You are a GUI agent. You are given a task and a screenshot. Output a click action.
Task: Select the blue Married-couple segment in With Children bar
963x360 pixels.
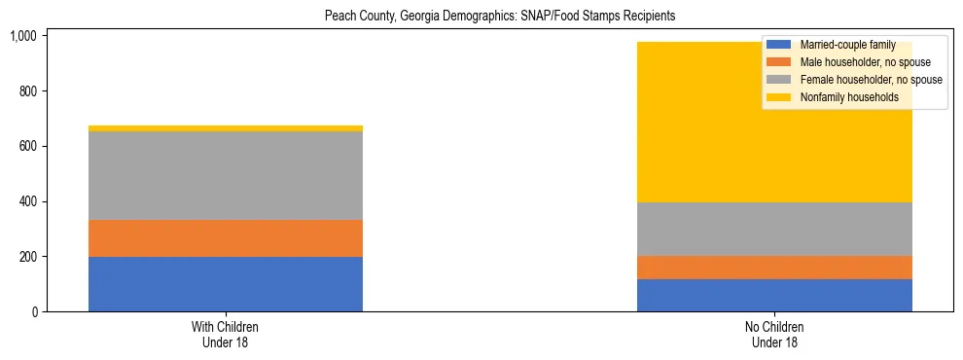click(x=226, y=284)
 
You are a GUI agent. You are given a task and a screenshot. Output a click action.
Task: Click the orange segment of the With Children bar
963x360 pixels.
click(x=226, y=238)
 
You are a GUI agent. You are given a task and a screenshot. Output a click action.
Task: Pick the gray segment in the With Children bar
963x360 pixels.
click(x=226, y=175)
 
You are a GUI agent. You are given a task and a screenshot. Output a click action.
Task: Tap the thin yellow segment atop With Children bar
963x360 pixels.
click(x=226, y=128)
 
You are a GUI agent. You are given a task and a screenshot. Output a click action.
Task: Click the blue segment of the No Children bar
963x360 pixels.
click(x=774, y=296)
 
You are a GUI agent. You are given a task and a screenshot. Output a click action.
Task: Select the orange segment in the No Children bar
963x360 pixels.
click(x=774, y=268)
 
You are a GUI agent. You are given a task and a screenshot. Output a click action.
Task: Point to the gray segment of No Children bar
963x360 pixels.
click(x=774, y=229)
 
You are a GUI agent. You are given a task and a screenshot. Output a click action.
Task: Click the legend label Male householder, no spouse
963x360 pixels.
click(x=851, y=62)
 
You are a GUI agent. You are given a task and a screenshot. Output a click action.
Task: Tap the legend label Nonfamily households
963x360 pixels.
click(x=842, y=97)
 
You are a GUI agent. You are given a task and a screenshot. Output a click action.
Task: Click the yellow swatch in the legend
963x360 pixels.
click(x=780, y=97)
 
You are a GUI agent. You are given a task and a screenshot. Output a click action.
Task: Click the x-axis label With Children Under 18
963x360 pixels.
click(x=226, y=334)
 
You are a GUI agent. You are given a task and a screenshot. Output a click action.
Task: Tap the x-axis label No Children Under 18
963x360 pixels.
click(x=774, y=334)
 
